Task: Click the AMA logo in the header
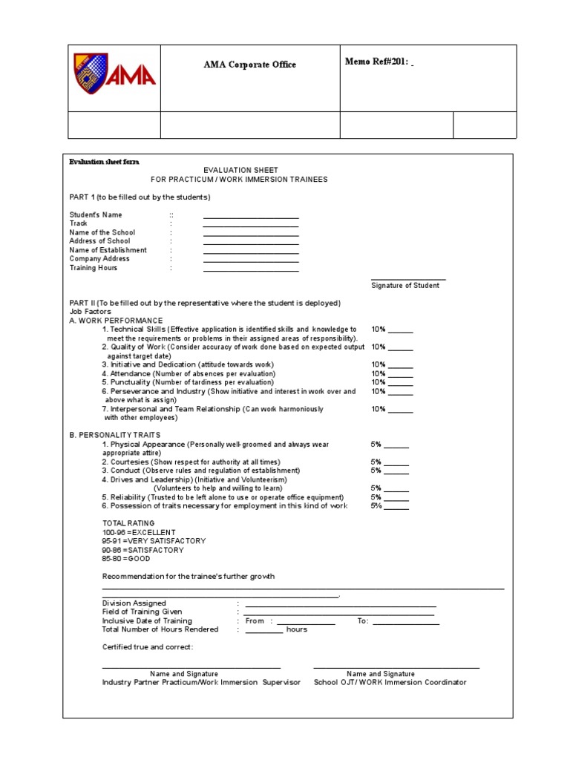point(114,77)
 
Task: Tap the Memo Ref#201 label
point(377,61)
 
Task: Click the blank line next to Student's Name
point(251,217)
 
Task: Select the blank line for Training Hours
point(251,271)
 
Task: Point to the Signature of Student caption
point(404,286)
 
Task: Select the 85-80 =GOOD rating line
point(126,559)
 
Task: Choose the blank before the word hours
point(263,632)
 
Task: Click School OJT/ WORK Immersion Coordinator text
point(390,682)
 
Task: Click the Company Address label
point(99,259)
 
